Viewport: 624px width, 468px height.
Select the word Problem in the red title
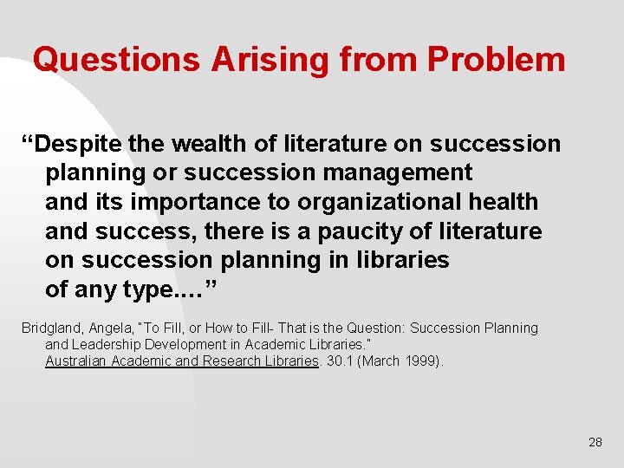[496, 60]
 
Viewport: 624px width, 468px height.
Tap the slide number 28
[595, 442]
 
